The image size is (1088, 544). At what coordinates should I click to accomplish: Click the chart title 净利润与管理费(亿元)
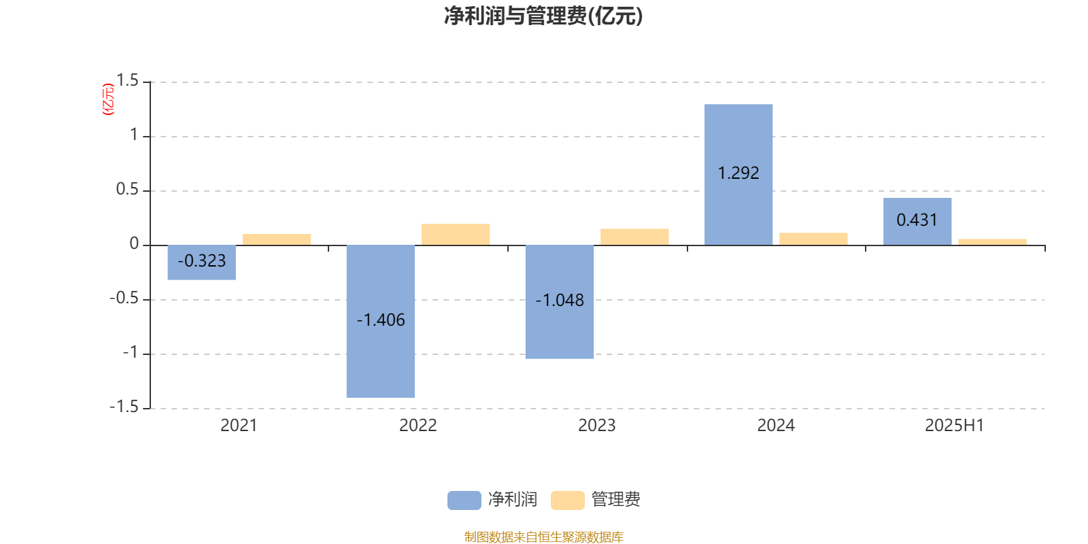pyautogui.click(x=543, y=16)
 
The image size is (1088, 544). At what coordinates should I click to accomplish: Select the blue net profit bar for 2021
pyautogui.click(x=201, y=262)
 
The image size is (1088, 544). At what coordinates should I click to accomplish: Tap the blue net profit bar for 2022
pyautogui.click(x=381, y=322)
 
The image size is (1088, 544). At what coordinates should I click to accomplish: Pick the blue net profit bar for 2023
pyautogui.click(x=560, y=302)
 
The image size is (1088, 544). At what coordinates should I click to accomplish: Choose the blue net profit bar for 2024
pyautogui.click(x=738, y=175)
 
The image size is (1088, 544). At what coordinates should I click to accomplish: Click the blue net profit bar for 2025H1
pyautogui.click(x=917, y=222)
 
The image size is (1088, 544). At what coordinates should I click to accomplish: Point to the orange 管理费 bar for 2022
pyautogui.click(x=456, y=235)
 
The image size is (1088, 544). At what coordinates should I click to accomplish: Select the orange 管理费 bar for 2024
pyautogui.click(x=813, y=239)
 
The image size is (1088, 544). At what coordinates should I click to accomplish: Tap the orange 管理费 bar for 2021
pyautogui.click(x=277, y=239)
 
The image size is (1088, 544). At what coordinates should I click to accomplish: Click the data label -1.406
pyautogui.click(x=381, y=320)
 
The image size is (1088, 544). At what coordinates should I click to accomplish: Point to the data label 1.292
pyautogui.click(x=738, y=173)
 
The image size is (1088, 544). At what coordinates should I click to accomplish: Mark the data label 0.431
pyautogui.click(x=917, y=220)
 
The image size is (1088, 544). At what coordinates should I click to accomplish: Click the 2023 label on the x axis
pyautogui.click(x=597, y=426)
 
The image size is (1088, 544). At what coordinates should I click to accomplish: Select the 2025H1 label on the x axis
pyautogui.click(x=955, y=426)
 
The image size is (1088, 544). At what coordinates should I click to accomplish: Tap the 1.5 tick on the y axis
pyautogui.click(x=128, y=81)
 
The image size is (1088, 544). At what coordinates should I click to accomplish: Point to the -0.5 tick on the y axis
pyautogui.click(x=124, y=299)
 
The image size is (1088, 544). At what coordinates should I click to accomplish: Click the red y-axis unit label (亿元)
pyautogui.click(x=108, y=99)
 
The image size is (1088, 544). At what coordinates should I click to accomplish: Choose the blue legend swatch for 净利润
pyautogui.click(x=464, y=500)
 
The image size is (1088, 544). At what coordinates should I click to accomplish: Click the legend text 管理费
pyautogui.click(x=615, y=499)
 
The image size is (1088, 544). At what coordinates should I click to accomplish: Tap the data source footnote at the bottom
pyautogui.click(x=543, y=537)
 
